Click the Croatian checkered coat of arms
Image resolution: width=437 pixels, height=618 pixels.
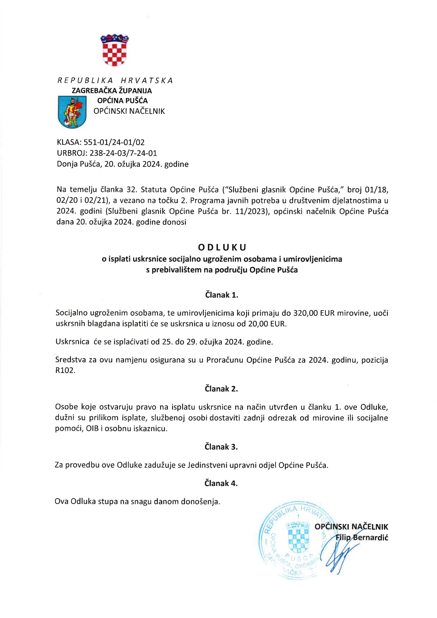(114, 50)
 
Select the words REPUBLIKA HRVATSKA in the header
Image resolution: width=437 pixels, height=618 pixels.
(115, 80)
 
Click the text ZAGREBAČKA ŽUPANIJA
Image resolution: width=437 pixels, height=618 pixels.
(112, 91)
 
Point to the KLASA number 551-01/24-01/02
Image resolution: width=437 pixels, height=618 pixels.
(114, 142)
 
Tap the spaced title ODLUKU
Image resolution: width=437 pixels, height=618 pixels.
(222, 247)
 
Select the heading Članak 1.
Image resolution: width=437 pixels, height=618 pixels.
(222, 295)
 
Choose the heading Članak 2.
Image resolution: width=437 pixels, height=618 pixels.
(221, 389)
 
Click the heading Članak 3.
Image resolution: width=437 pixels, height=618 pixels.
(221, 447)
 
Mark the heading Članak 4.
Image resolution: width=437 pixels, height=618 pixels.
(221, 483)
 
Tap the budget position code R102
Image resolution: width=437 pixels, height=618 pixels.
(65, 371)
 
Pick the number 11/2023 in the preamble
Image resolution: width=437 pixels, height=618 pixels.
(252, 211)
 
